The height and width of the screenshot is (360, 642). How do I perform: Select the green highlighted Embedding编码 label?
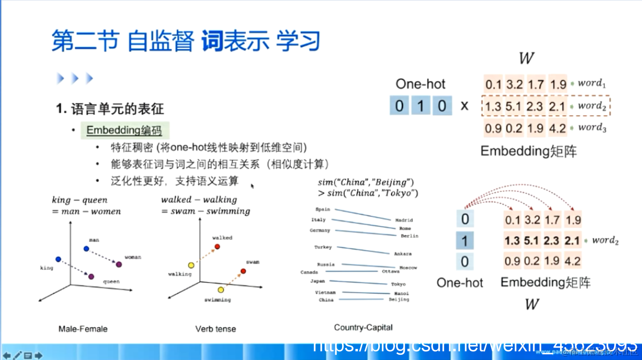(124, 130)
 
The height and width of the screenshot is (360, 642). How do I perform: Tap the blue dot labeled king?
(58, 259)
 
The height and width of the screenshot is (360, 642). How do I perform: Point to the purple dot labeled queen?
(91, 277)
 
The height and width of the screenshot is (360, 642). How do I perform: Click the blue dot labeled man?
(86, 249)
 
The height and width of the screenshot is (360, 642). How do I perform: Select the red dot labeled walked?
(217, 247)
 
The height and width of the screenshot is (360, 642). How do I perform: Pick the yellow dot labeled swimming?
(221, 290)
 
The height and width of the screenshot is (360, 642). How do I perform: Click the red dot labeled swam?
(243, 271)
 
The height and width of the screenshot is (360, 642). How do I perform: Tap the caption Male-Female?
(83, 329)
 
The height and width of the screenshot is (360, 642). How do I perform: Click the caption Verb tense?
(215, 329)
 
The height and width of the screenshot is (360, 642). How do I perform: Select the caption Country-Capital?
(363, 328)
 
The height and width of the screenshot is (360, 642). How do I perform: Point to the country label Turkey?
(323, 247)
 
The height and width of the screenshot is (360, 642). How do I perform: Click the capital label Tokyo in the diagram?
(398, 284)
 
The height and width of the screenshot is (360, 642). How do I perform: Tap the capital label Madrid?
(404, 220)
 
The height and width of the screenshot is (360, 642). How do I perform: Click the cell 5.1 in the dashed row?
(513, 106)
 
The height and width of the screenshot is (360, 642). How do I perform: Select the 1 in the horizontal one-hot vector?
(420, 106)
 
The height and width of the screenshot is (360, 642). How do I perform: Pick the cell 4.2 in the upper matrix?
(557, 129)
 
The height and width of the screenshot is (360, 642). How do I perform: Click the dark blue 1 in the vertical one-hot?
(465, 240)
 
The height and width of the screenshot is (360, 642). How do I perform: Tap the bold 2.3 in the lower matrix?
(551, 240)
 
